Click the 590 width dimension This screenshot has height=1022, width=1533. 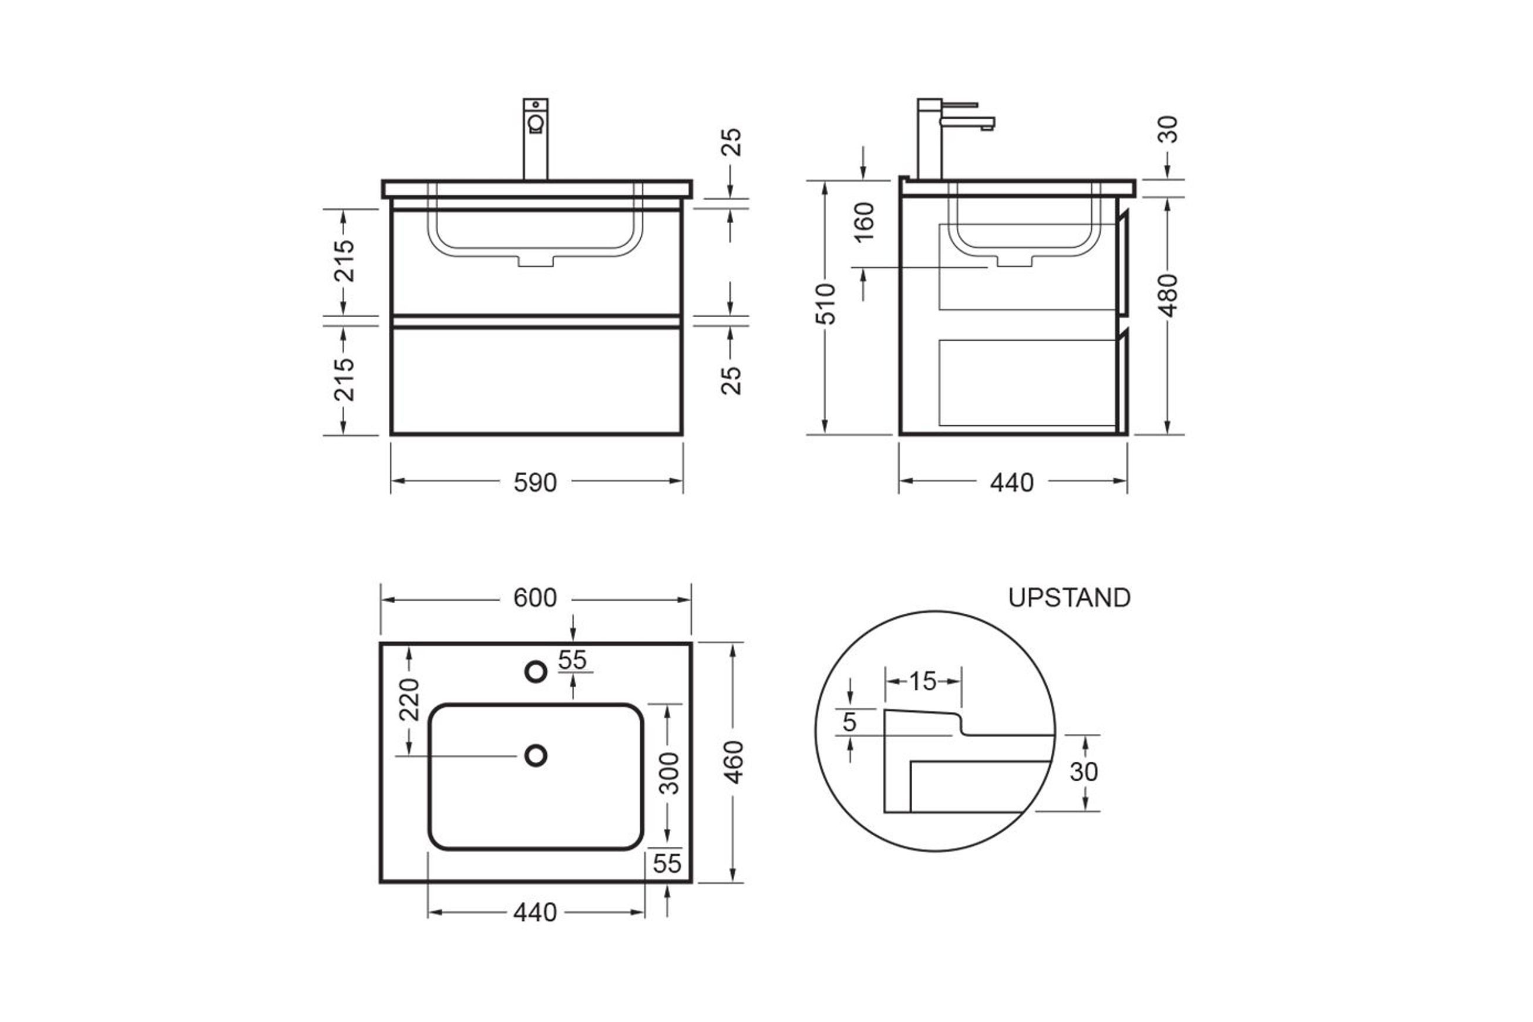click(x=535, y=483)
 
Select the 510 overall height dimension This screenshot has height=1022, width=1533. click(x=825, y=304)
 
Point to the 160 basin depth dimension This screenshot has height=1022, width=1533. click(x=863, y=222)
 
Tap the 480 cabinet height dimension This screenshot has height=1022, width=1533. click(x=1169, y=295)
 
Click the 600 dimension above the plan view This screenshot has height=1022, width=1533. click(x=535, y=598)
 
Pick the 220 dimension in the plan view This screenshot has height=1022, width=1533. click(x=409, y=700)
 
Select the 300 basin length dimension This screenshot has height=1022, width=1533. click(x=669, y=773)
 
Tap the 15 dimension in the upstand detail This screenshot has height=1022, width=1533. click(x=922, y=682)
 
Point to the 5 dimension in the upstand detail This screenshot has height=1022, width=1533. click(x=849, y=722)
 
